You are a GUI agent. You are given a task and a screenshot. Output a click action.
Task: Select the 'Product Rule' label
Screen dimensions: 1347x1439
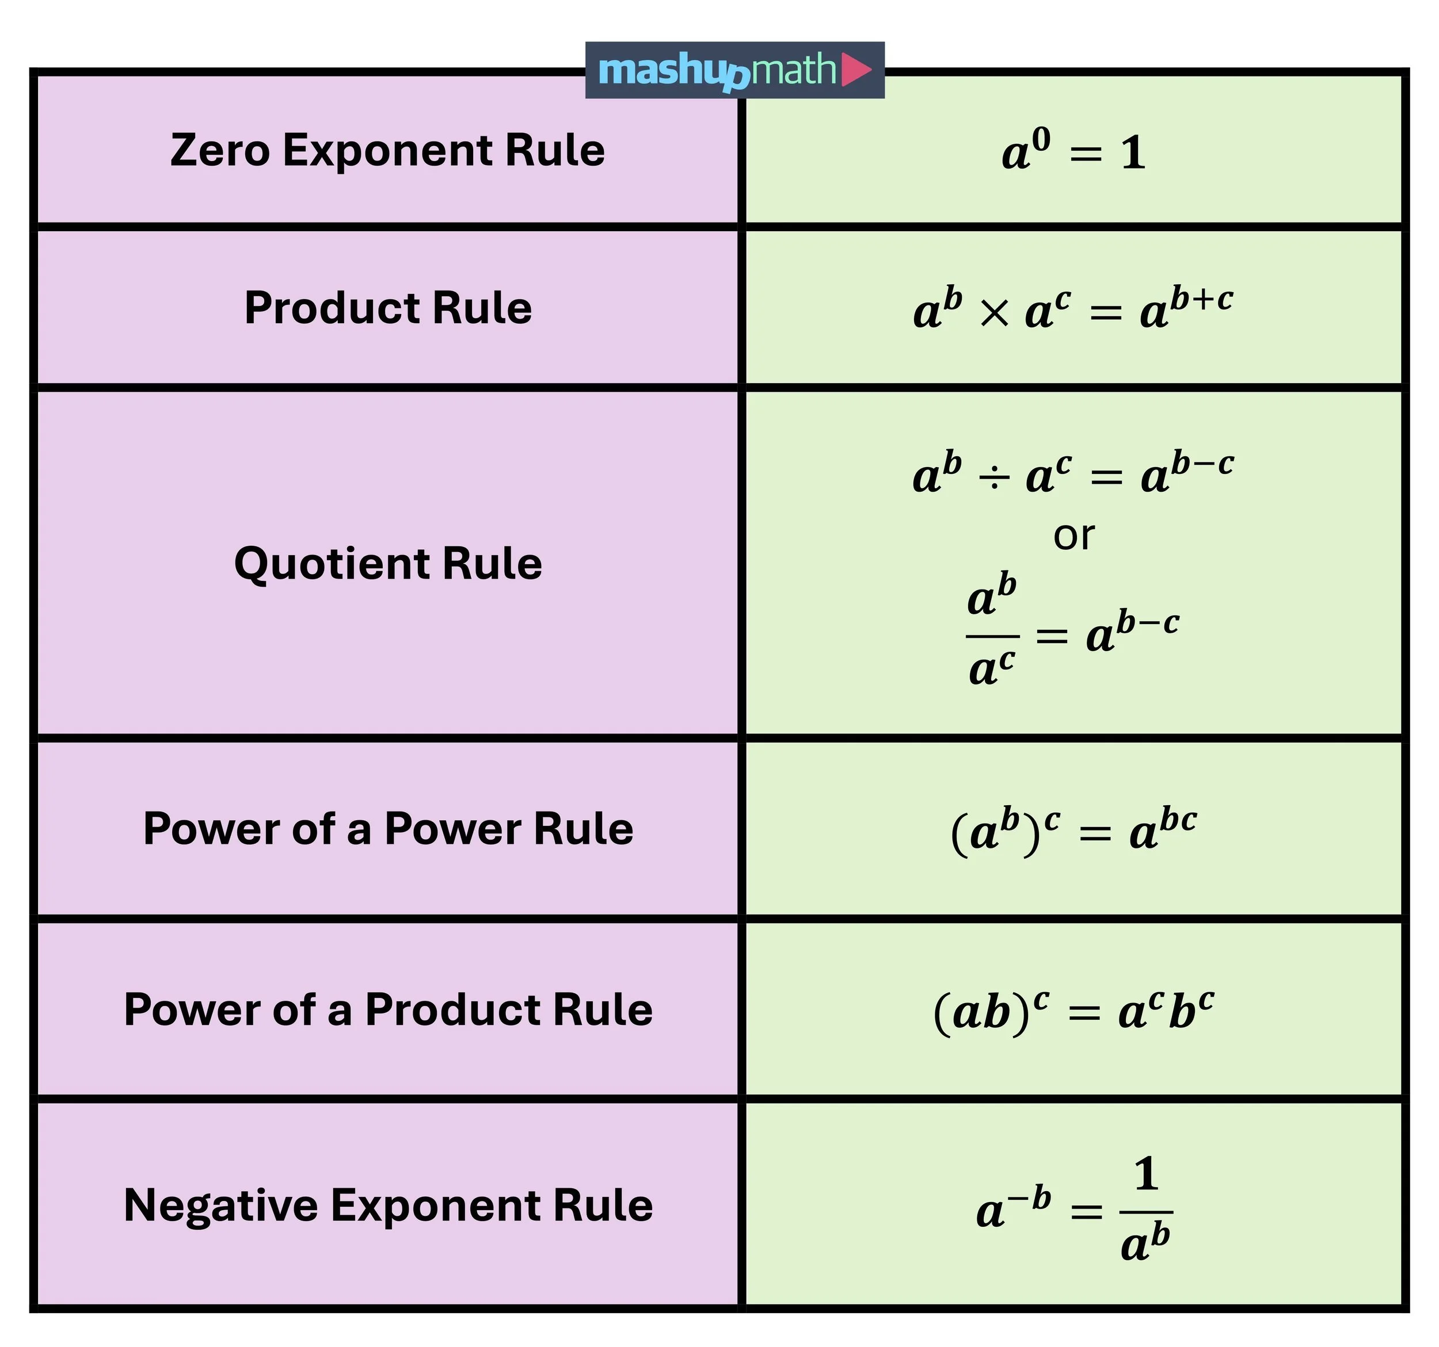point(388,308)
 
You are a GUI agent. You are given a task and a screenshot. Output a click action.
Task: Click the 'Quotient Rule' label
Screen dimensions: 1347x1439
point(388,564)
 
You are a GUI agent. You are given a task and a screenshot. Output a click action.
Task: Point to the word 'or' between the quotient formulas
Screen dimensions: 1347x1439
point(1073,537)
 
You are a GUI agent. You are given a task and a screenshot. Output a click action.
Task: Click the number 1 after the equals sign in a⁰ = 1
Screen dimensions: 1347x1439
point(1133,154)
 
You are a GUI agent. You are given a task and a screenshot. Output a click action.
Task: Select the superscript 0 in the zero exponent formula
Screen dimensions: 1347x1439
point(1040,140)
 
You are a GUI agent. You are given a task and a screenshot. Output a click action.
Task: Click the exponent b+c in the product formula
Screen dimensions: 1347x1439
point(1202,299)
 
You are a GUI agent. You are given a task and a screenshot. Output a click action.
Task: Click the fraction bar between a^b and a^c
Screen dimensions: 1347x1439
point(992,637)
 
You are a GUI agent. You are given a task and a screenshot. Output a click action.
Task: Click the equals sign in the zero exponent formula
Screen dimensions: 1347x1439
point(1086,155)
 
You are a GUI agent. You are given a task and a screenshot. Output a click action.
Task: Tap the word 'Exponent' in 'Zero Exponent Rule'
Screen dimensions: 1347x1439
point(387,152)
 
